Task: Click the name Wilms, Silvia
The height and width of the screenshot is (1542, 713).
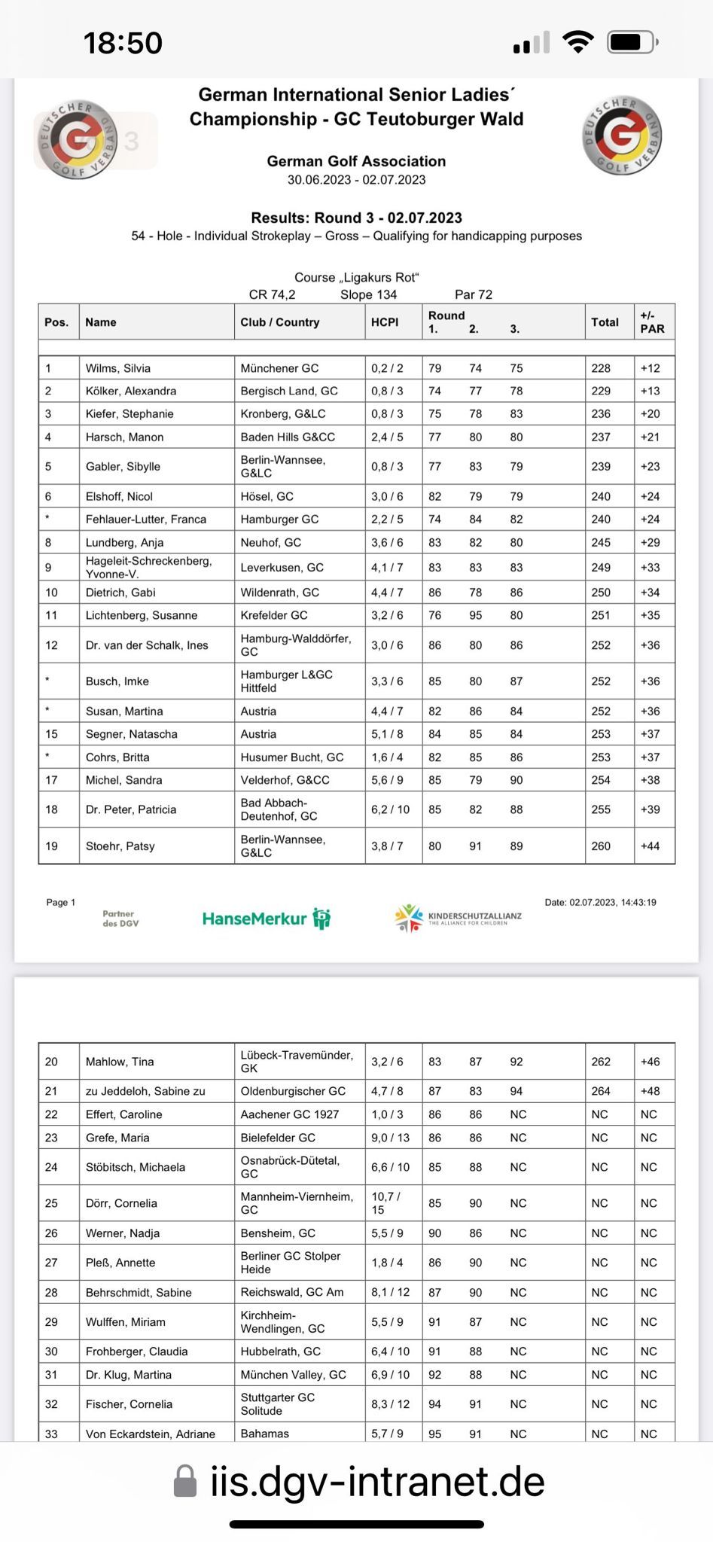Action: (118, 368)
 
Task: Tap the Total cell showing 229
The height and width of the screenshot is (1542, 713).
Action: (601, 391)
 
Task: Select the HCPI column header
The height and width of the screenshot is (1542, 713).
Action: (385, 322)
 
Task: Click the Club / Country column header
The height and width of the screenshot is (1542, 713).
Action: (280, 322)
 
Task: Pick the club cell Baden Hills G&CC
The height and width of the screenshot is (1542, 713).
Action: (288, 437)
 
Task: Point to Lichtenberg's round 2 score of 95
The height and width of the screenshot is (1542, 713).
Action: (476, 615)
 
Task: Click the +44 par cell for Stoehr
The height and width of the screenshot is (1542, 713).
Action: (650, 846)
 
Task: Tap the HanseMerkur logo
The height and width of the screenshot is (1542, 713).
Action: (267, 919)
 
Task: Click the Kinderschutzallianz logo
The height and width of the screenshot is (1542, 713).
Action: (458, 918)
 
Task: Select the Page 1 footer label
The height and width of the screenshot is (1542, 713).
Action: (61, 902)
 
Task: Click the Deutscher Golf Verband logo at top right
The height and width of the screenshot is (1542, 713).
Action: (621, 136)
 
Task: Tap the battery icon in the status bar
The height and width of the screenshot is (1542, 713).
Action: (633, 42)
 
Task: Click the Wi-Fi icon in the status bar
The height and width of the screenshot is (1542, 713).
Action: (577, 42)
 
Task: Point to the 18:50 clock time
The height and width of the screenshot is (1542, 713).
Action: (123, 43)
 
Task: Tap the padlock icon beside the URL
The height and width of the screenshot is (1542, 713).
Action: (184, 1481)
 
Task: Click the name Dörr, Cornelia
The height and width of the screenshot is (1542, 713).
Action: (121, 1203)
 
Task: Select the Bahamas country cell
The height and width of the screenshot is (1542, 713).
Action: (265, 1434)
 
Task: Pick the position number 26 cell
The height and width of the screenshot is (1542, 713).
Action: (51, 1233)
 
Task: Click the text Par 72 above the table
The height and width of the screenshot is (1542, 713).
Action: (474, 294)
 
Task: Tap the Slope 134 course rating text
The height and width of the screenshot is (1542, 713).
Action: (368, 294)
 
